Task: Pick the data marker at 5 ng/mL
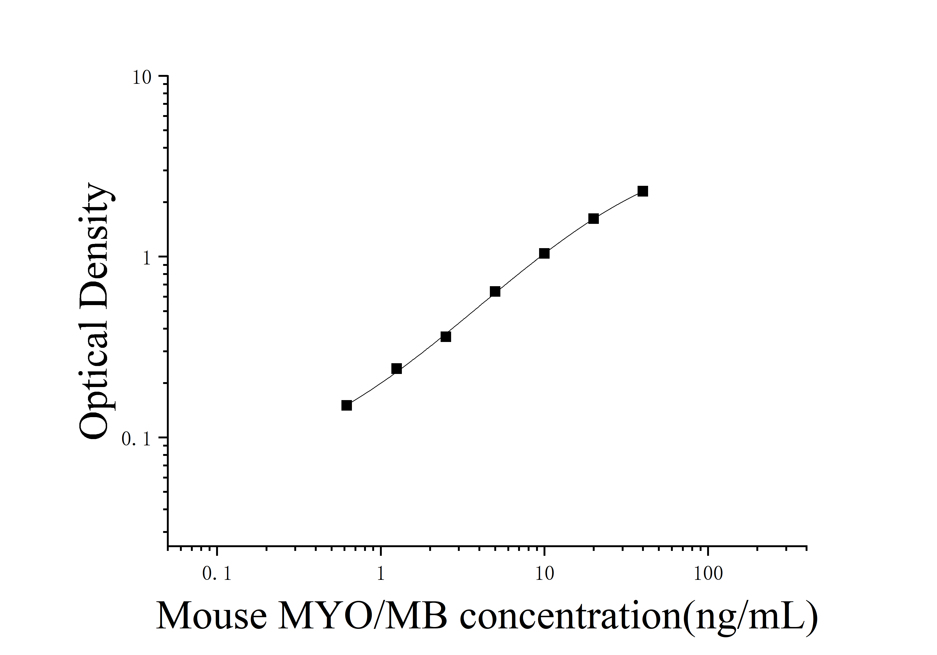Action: (x=495, y=291)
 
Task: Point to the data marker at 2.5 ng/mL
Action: (x=446, y=337)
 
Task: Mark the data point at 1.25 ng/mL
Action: (x=396, y=369)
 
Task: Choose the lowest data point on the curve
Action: (x=347, y=405)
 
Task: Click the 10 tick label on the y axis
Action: (x=142, y=77)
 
